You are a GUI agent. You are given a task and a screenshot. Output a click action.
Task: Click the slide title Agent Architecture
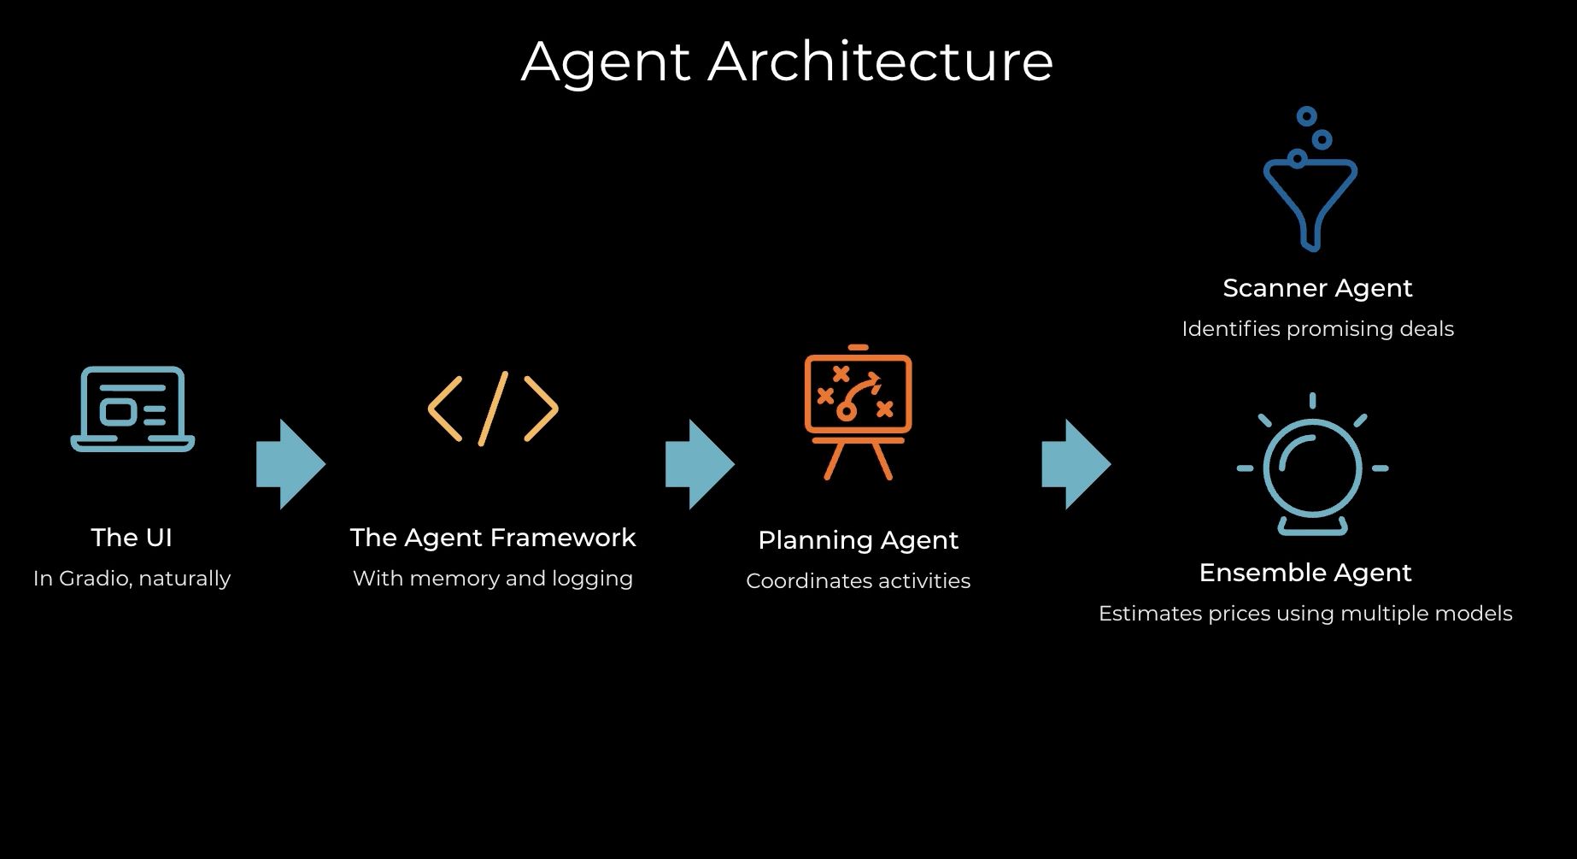click(787, 62)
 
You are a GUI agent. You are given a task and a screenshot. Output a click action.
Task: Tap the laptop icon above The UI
click(132, 409)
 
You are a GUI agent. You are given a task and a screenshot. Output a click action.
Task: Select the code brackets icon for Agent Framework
click(493, 409)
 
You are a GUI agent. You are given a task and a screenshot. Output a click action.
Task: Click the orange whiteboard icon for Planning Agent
click(858, 411)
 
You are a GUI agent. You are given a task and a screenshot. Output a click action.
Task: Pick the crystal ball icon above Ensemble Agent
click(1312, 467)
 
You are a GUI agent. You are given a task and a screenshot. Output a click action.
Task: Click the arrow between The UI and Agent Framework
click(290, 464)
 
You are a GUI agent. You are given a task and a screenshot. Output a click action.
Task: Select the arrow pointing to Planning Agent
click(700, 464)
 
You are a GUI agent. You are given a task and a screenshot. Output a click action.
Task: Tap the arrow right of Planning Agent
click(1076, 464)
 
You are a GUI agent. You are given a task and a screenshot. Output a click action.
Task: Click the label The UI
click(132, 538)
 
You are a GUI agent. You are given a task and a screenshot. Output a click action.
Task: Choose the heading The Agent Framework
click(493, 538)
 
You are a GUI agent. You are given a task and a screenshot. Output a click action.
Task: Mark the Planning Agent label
click(858, 540)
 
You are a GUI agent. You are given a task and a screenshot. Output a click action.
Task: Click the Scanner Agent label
click(1317, 288)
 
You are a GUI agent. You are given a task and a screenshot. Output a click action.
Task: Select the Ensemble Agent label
click(1305, 573)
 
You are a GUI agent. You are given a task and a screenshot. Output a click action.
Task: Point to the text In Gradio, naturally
click(132, 579)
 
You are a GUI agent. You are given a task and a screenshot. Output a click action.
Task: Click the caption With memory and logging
click(493, 579)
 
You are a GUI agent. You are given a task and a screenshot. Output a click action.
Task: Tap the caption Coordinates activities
click(858, 581)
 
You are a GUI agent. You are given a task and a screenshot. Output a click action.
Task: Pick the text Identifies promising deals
click(1317, 329)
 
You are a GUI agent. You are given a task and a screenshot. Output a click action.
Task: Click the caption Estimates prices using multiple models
click(1305, 614)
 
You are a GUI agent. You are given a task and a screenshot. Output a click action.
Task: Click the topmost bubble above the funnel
click(1306, 116)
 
